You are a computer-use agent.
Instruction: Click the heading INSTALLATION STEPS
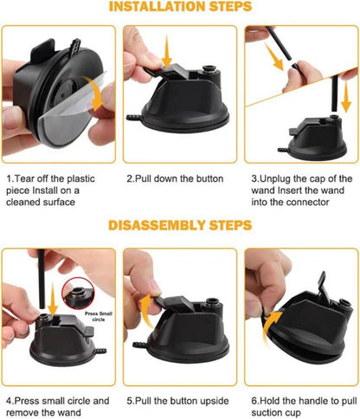180,6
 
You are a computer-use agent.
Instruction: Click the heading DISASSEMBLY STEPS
180,225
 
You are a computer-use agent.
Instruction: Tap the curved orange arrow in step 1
94,93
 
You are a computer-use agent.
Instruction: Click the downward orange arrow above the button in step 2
167,51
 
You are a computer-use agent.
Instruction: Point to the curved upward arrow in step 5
146,310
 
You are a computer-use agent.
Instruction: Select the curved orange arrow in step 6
270,326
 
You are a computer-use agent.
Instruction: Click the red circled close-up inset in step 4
78,293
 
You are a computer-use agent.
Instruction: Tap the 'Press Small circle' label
99,317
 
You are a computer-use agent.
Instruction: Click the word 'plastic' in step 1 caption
80,179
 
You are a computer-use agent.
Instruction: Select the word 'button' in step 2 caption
210,178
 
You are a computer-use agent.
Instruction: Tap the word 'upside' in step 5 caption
215,401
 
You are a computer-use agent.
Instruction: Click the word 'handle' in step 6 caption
313,401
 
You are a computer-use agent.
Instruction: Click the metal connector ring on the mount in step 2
209,69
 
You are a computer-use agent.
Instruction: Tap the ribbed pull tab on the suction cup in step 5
140,345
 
